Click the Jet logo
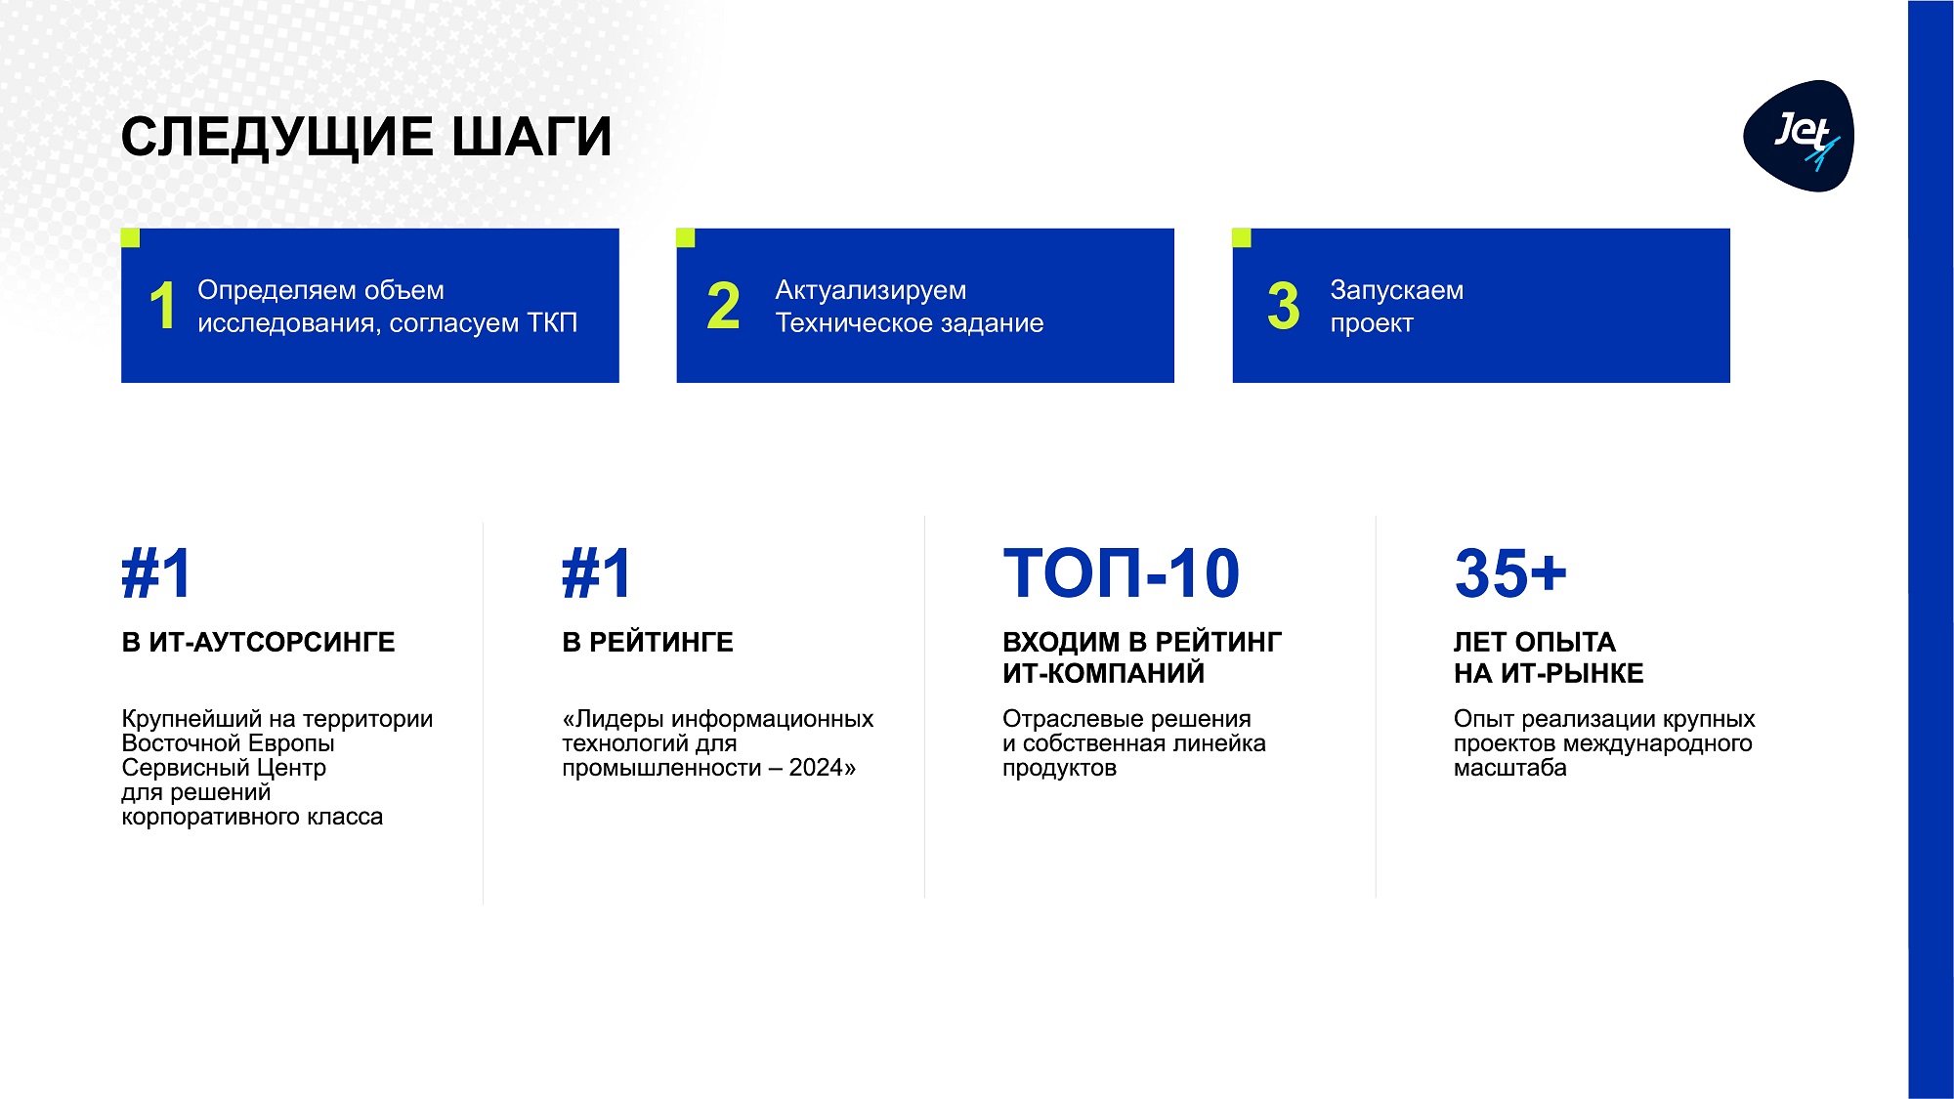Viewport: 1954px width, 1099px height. click(x=1799, y=136)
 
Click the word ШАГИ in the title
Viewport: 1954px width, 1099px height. click(x=531, y=137)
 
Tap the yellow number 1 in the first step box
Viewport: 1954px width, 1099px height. click(x=163, y=306)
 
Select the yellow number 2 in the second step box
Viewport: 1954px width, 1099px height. click(x=723, y=306)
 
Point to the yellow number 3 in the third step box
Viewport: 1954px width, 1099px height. click(x=1283, y=306)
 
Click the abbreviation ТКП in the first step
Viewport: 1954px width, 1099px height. click(x=552, y=323)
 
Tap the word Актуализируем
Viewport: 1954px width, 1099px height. click(x=871, y=291)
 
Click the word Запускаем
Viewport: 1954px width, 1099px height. click(x=1396, y=291)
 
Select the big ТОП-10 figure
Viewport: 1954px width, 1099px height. click(x=1122, y=573)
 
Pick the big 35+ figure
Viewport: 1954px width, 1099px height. click(x=1510, y=573)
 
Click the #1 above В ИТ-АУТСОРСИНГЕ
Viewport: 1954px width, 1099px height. click(x=156, y=573)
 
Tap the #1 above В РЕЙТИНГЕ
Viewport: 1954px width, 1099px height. click(x=597, y=573)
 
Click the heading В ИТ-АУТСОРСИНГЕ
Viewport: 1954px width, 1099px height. click(x=258, y=643)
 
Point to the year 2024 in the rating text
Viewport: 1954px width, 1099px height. click(x=816, y=768)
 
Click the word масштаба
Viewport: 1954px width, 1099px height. click(x=1509, y=769)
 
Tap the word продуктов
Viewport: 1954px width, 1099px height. click(x=1059, y=769)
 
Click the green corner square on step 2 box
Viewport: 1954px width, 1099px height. click(x=686, y=237)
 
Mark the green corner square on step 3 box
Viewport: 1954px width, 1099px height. click(x=1242, y=237)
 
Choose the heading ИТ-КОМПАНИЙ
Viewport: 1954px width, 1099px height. click(x=1103, y=674)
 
